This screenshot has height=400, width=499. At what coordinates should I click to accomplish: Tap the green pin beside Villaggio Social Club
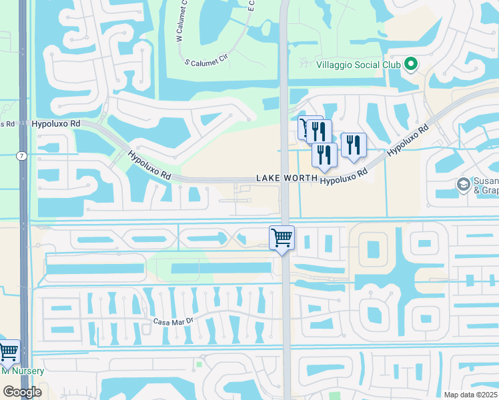point(411,64)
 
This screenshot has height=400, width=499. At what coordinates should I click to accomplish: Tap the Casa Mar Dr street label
point(172,321)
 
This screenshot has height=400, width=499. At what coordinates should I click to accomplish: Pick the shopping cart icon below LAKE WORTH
point(282,238)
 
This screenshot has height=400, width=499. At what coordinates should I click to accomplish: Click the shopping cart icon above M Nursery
point(9,351)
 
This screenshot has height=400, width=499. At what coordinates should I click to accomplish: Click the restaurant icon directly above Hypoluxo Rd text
point(324,154)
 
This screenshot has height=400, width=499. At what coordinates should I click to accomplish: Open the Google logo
point(22,392)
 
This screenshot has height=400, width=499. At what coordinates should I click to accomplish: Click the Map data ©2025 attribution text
point(471,395)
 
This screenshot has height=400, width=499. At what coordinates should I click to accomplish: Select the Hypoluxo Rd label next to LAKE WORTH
point(344,177)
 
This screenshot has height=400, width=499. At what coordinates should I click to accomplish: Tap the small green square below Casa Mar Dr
point(199,364)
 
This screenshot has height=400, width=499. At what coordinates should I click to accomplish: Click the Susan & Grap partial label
point(486,185)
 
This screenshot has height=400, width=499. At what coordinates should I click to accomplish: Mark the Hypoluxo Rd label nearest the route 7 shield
point(55,124)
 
